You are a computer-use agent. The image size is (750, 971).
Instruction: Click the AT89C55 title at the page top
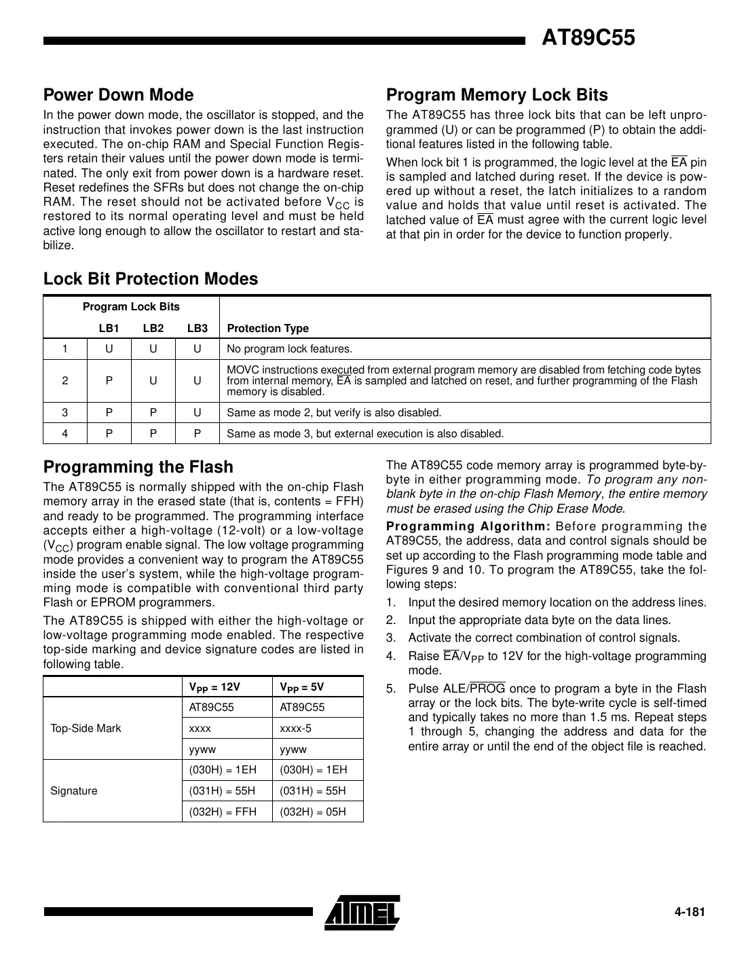(x=588, y=38)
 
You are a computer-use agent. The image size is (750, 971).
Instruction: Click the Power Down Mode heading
(x=118, y=95)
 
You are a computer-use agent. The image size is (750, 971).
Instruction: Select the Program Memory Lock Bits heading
(x=497, y=95)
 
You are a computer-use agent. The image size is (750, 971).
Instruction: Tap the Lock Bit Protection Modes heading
(x=151, y=279)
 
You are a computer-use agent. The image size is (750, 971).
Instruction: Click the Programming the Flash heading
(x=138, y=467)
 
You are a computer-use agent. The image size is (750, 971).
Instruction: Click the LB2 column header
(x=153, y=329)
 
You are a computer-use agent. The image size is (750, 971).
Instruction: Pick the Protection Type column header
(x=267, y=329)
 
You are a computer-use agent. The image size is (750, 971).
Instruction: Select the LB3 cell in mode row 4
(x=197, y=434)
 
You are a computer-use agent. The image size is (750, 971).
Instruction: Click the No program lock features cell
(x=290, y=350)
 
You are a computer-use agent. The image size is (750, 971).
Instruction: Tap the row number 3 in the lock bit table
(x=65, y=413)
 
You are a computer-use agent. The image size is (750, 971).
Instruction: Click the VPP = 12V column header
(x=214, y=687)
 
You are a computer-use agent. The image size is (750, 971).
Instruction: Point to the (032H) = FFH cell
(x=223, y=811)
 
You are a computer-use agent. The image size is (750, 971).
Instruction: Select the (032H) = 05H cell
(x=313, y=811)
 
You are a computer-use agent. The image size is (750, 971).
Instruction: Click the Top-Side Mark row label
(x=86, y=729)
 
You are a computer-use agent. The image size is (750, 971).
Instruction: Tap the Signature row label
(x=74, y=791)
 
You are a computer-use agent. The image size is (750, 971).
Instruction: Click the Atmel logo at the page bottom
(x=362, y=912)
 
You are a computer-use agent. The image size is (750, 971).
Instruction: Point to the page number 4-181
(x=690, y=912)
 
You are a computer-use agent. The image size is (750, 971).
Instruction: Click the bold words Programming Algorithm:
(x=468, y=527)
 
